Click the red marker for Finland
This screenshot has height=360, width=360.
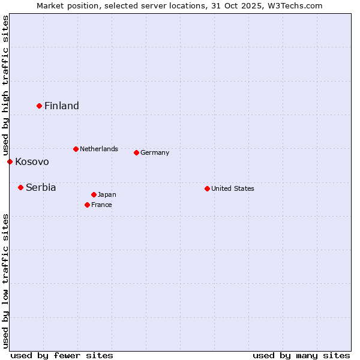tap(39, 106)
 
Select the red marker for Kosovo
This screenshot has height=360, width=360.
tap(10, 161)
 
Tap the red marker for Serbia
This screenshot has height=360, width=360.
tap(20, 187)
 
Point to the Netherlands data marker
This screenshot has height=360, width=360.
tap(76, 149)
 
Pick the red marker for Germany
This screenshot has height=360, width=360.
tap(136, 152)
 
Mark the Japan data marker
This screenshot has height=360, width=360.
tap(94, 194)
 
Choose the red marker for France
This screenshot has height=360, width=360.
tap(87, 205)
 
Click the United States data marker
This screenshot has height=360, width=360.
tap(207, 188)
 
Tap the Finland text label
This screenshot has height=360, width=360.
tap(62, 106)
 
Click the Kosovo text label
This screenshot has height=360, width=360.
tap(32, 162)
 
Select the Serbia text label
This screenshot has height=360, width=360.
tap(41, 188)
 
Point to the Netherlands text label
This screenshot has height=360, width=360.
tap(99, 149)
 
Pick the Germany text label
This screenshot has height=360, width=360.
tap(155, 152)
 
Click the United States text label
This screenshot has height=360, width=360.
tap(233, 188)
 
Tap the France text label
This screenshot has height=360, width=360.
tap(102, 205)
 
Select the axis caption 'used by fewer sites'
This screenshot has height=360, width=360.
tap(62, 355)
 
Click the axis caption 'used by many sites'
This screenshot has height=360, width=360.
tap(301, 355)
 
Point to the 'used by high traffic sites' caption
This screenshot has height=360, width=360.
tap(5, 85)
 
